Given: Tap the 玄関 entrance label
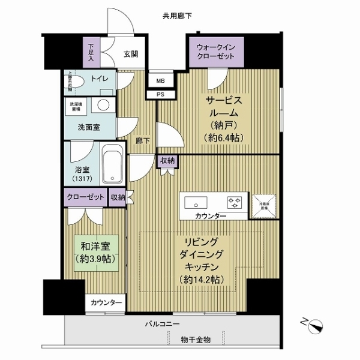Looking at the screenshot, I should (131, 54).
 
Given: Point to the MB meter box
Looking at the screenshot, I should (161, 80).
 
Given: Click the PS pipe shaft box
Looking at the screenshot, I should (161, 94).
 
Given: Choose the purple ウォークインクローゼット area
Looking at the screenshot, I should (216, 53).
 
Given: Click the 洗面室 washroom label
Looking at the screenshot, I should (88, 128).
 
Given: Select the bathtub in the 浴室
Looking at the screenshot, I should (112, 164).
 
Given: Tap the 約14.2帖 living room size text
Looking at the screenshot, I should (201, 279).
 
